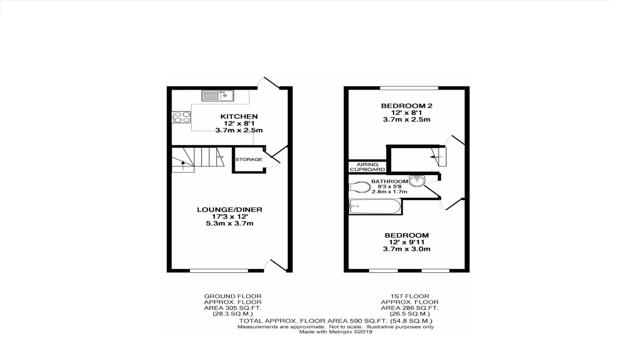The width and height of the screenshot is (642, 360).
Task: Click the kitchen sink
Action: (217, 96)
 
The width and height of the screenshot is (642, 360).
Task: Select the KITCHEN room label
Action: (239, 116)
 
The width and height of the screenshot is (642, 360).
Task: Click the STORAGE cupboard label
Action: (249, 159)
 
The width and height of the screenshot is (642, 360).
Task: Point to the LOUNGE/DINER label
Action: (229, 210)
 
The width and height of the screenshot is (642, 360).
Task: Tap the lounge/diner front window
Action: (219, 271)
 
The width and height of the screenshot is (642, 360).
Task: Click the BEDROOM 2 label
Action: (407, 106)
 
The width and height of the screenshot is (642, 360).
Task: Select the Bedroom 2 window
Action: (409, 88)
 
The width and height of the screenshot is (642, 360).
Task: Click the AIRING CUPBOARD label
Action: (367, 167)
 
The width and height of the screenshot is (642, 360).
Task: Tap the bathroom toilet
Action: (359, 187)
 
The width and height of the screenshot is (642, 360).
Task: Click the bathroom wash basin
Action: (417, 180)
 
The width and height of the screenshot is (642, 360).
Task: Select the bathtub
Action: (375, 206)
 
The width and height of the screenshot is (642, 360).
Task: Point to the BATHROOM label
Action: (390, 181)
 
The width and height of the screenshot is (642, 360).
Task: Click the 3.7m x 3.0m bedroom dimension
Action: (407, 249)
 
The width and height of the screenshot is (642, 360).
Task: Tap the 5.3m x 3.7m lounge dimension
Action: (229, 223)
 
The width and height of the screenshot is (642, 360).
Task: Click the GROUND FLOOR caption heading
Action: (232, 296)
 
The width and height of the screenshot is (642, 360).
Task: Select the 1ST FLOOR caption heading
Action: (410, 296)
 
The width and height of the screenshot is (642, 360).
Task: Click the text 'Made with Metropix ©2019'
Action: (336, 332)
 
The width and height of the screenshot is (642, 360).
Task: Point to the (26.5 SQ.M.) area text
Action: (410, 314)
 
